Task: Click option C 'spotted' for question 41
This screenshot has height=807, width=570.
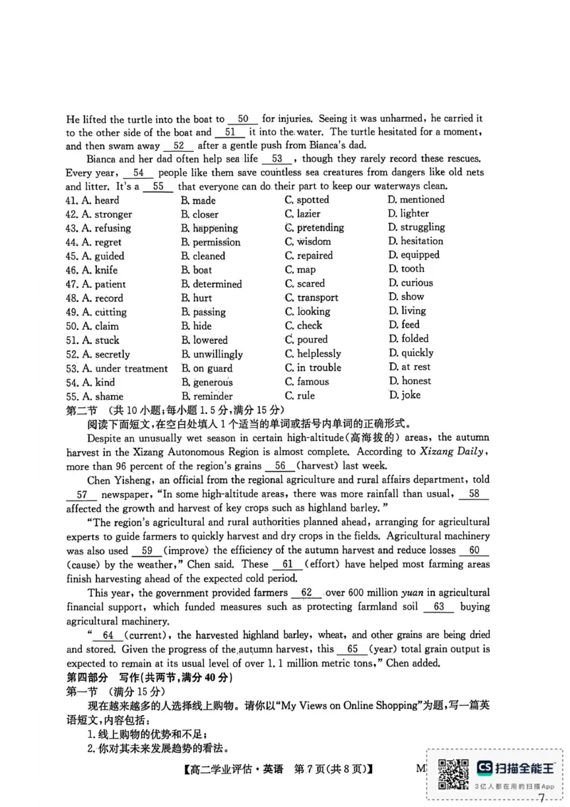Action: (307, 200)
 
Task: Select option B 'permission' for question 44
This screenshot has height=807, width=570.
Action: (211, 242)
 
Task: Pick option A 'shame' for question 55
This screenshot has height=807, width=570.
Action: (95, 396)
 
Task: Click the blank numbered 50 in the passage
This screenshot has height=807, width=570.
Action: (243, 119)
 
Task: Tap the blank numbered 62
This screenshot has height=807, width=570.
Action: (307, 593)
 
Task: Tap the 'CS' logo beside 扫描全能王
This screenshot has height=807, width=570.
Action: (484, 767)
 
